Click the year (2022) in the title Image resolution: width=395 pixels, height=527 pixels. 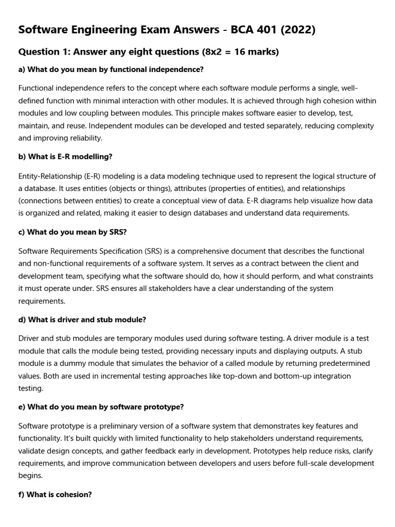297,30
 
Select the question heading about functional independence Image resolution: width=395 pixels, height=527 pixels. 111,69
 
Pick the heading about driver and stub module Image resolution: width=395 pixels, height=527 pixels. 82,320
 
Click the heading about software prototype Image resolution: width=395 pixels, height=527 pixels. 101,407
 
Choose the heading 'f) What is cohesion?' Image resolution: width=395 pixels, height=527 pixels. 55,495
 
